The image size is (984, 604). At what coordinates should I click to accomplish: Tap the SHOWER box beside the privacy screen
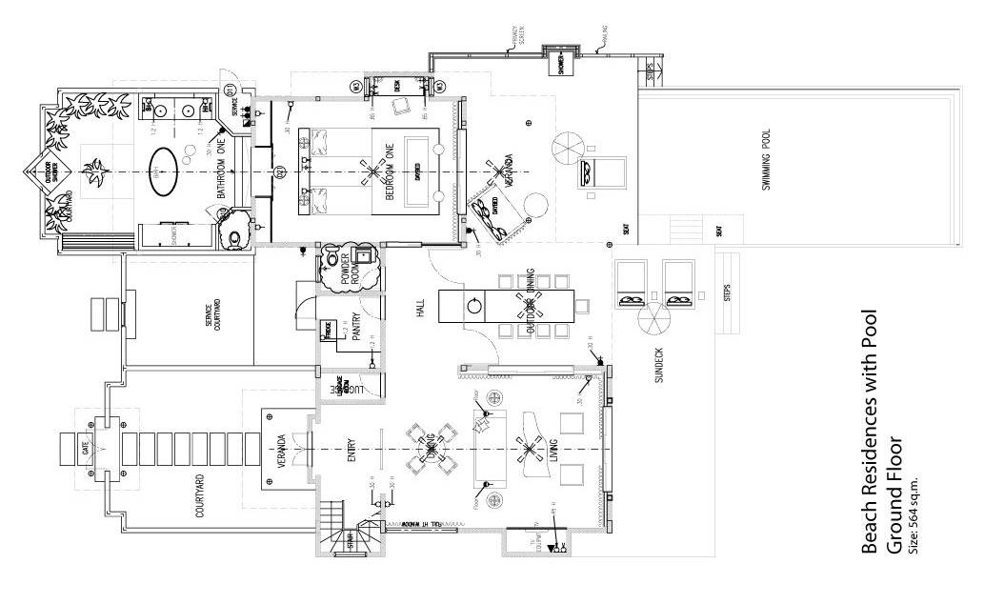tap(561, 62)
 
